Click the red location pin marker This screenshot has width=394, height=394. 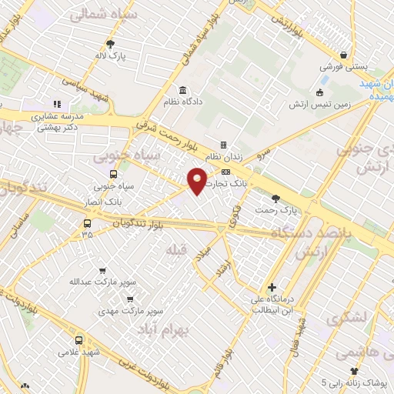(198, 180)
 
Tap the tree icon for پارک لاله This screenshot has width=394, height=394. (109, 44)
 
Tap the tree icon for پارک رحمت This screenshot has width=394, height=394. (275, 199)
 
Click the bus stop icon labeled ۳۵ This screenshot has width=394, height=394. (88, 223)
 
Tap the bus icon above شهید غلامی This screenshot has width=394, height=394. (78, 340)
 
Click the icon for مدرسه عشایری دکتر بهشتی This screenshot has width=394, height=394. (56, 104)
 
